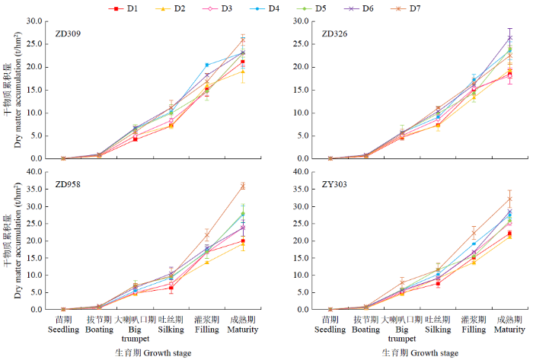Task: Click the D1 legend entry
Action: pyautogui.click(x=125, y=8)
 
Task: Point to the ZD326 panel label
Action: pyautogui.click(x=336, y=35)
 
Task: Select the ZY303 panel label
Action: pyautogui.click(x=336, y=185)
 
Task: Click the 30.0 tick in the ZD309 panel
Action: pyautogui.click(x=35, y=21)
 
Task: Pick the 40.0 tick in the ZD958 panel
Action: pyautogui.click(x=35, y=172)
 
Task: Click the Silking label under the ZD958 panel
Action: pyautogui.click(x=171, y=330)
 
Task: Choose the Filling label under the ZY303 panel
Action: pyautogui.click(x=474, y=330)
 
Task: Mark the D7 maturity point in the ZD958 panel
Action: pyautogui.click(x=243, y=186)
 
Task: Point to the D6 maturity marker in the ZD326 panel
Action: pyautogui.click(x=509, y=37)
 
